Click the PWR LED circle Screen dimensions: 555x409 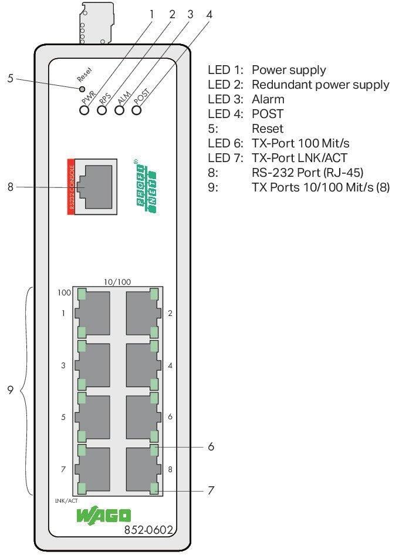pyautogui.click(x=84, y=110)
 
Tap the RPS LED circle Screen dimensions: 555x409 pyautogui.click(x=102, y=110)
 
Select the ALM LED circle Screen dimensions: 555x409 pyautogui.click(x=120, y=110)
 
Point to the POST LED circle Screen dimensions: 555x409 pyautogui.click(x=137, y=110)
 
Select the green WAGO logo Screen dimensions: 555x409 pyautogui.click(x=103, y=516)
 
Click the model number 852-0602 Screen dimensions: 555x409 pyautogui.click(x=148, y=530)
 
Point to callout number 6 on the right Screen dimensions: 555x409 pyautogui.click(x=211, y=447)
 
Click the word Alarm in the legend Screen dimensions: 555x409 pyautogui.click(x=268, y=99)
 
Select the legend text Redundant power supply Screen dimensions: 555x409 pyautogui.click(x=320, y=85)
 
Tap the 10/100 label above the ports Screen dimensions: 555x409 pyautogui.click(x=117, y=282)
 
